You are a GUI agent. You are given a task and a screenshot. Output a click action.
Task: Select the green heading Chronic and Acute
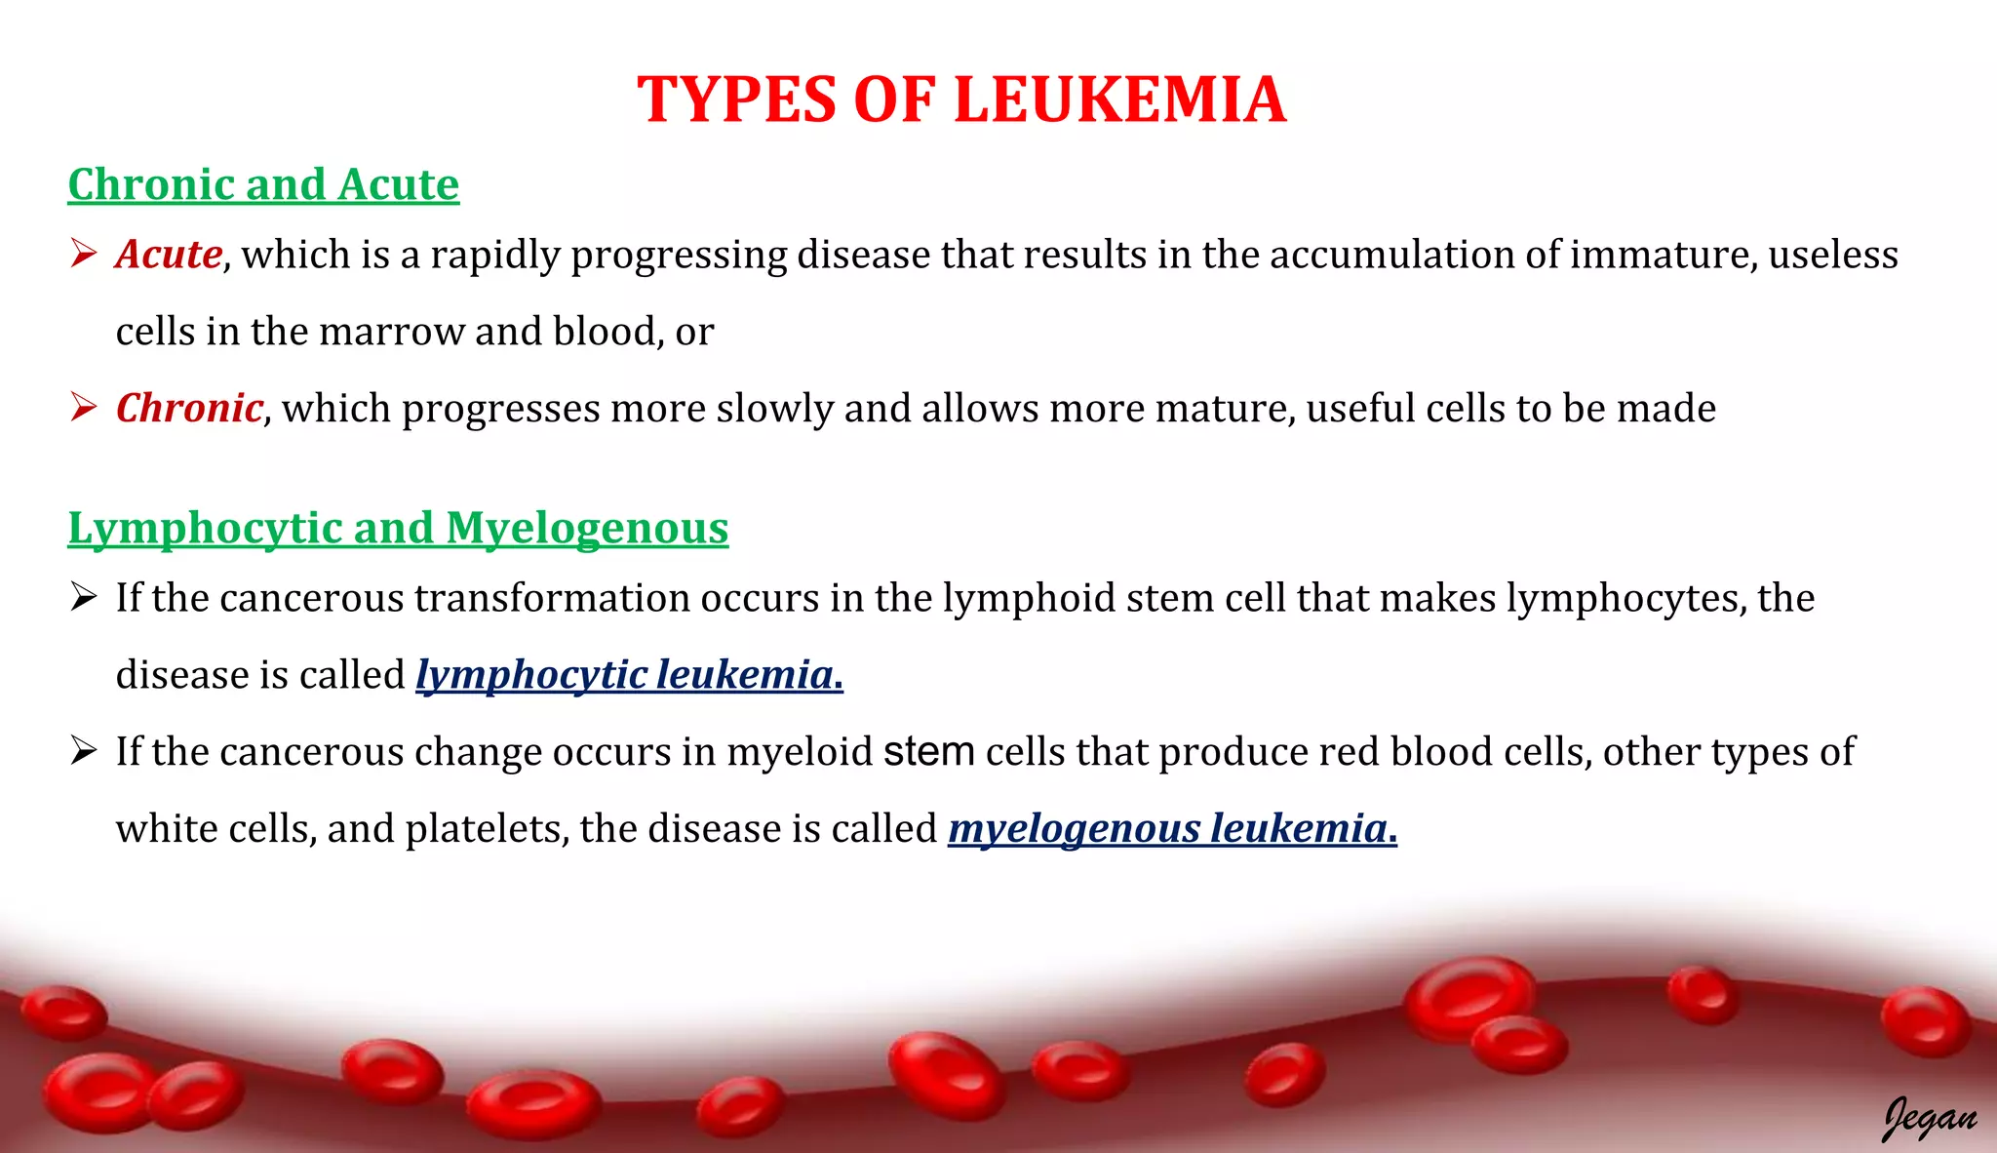263,184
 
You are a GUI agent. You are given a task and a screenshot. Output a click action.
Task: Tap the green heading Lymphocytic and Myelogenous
398,528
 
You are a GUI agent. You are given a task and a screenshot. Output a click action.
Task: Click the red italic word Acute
169,255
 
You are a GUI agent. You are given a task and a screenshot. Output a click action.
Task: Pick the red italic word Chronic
189,408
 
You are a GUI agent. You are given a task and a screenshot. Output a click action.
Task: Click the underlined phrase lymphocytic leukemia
629,675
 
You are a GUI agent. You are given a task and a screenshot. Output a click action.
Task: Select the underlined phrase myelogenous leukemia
1172,829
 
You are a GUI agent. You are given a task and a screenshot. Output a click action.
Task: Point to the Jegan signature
1929,1117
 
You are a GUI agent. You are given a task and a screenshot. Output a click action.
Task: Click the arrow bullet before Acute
83,255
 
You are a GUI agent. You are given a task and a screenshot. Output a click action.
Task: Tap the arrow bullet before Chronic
83,408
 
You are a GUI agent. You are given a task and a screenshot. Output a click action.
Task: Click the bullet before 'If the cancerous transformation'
83,598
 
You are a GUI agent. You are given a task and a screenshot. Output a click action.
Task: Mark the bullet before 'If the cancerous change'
83,752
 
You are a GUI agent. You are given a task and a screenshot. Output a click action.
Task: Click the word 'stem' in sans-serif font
928,752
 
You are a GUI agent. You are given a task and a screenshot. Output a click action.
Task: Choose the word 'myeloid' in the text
800,752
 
